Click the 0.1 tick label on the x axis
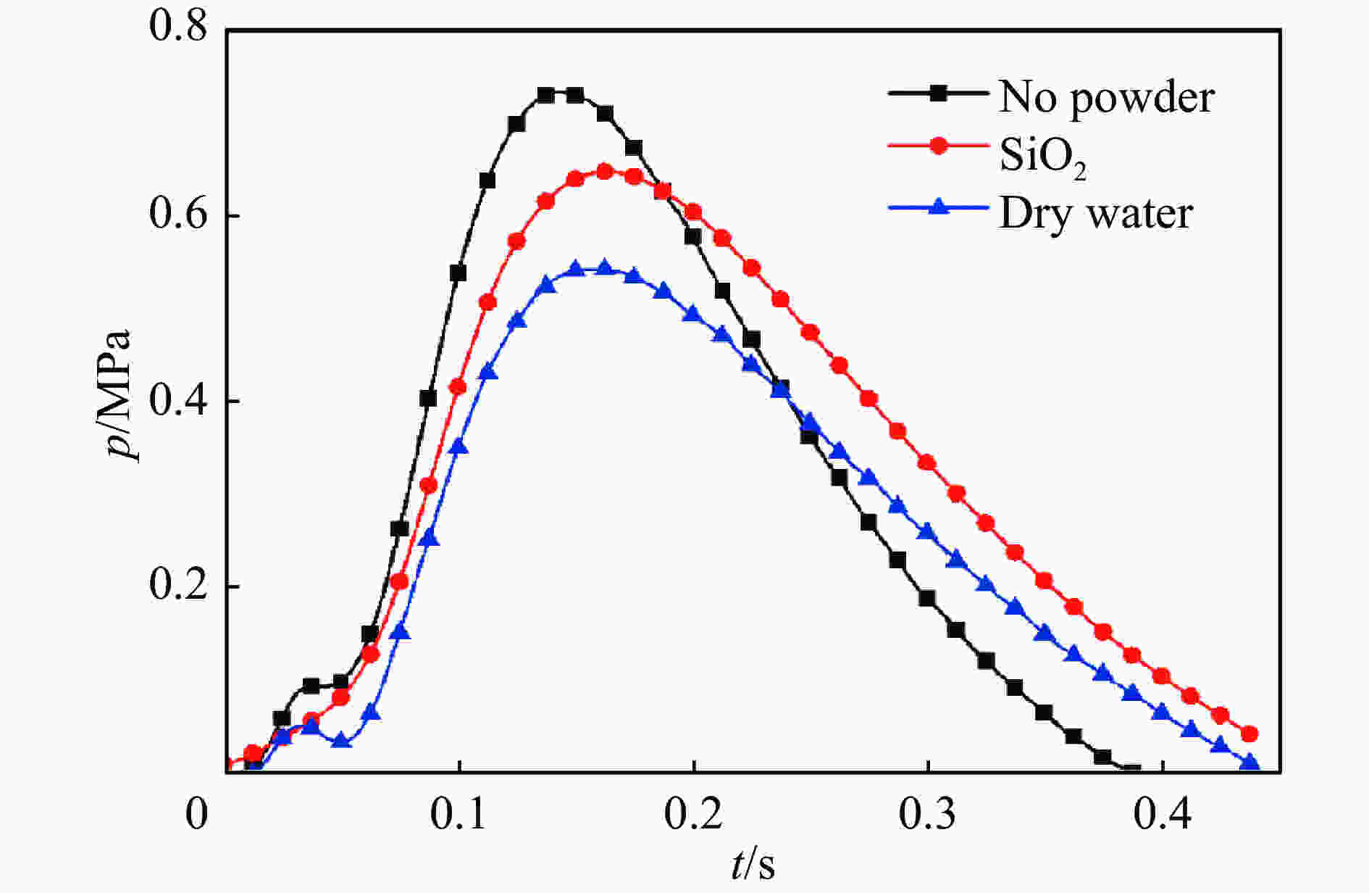(x=459, y=814)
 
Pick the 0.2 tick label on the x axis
(x=694, y=814)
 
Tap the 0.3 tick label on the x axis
(x=928, y=814)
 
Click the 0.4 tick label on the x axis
(x=1163, y=814)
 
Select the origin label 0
(x=196, y=814)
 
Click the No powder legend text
(x=1106, y=96)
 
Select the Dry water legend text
(x=1096, y=214)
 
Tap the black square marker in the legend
(x=939, y=93)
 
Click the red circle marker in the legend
(x=939, y=146)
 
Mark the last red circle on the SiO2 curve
(x=1249, y=734)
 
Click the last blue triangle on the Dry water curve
(x=1249, y=763)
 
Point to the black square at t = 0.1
(x=458, y=273)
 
